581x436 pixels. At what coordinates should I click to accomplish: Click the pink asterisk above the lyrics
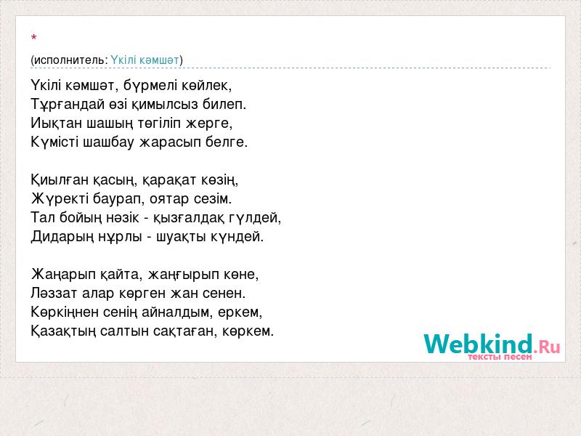coord(34,38)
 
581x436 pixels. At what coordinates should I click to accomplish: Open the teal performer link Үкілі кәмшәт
coord(145,60)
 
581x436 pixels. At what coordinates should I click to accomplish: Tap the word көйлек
coord(207,85)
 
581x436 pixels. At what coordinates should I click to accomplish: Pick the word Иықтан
coord(57,123)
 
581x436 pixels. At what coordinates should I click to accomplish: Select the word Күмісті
coord(55,142)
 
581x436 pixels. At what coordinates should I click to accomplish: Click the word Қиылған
coord(60,180)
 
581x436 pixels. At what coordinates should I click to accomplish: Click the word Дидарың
coord(62,237)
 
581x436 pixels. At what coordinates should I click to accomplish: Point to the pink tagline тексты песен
coord(500,357)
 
